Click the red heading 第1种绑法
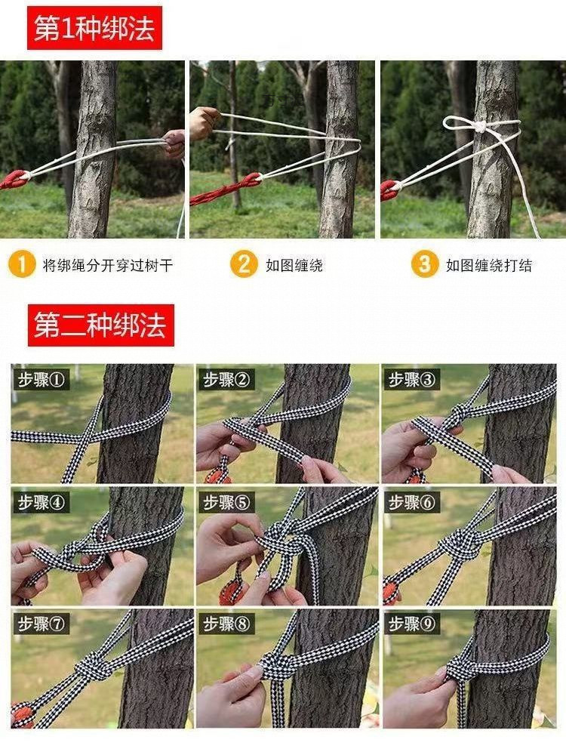95,28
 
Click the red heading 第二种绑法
101,325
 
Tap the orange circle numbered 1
22,264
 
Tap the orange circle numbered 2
244,264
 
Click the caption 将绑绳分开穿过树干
108,265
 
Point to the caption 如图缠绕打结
489,265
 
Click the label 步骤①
41,380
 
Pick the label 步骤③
411,380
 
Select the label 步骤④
41,502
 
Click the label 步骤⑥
411,502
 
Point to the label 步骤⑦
41,624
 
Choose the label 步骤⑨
411,624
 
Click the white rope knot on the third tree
480,127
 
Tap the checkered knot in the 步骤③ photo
459,414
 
